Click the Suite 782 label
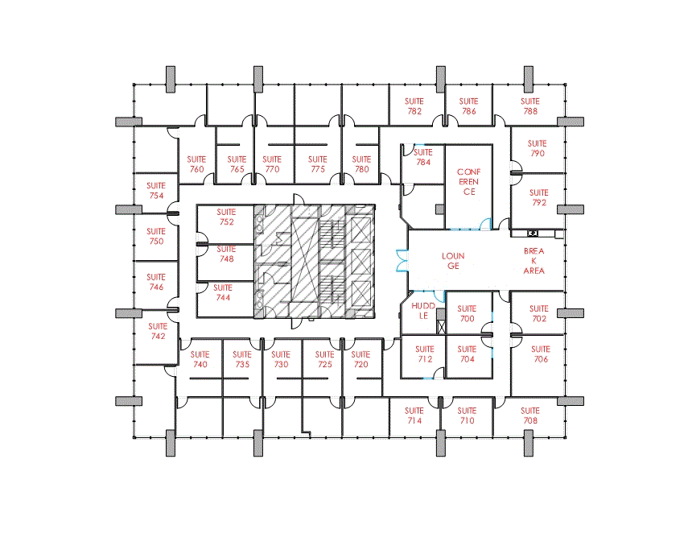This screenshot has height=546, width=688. click(x=414, y=106)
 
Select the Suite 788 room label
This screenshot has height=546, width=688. click(x=529, y=106)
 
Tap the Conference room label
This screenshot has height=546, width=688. click(x=468, y=182)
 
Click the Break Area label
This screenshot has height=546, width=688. click(x=534, y=261)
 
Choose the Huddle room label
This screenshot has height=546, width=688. click(x=422, y=311)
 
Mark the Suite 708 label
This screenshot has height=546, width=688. click(x=529, y=416)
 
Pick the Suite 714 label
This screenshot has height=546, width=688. click(x=414, y=416)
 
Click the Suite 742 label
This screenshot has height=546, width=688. click(x=156, y=331)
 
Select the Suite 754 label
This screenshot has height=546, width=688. click(x=156, y=191)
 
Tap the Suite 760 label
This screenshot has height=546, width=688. click(x=196, y=164)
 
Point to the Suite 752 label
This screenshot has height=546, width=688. click(x=226, y=217)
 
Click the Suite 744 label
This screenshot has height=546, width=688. click(x=223, y=292)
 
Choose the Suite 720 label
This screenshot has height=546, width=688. click(x=361, y=359)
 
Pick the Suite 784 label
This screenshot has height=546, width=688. click(x=423, y=157)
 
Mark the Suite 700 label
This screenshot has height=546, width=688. click(x=467, y=314)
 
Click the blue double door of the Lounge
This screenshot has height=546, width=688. click(x=400, y=261)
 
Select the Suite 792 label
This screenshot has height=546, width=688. click(x=538, y=198)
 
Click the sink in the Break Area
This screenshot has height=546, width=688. click(x=533, y=233)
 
